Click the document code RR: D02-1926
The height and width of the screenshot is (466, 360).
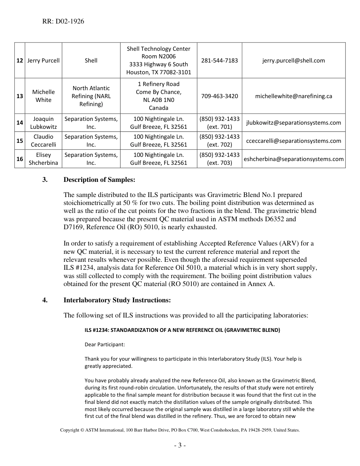point(63,22)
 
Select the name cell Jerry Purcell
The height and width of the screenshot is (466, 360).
point(44,61)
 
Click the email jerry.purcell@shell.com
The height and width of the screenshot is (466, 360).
point(293,61)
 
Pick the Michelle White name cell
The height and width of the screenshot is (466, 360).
point(44,96)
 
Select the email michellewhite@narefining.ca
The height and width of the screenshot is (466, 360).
point(293,96)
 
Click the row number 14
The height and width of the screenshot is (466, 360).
point(20,123)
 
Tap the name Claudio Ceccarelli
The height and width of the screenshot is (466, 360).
point(44,141)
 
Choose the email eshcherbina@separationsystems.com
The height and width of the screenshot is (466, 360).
point(293,159)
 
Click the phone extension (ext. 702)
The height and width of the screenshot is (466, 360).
point(219,145)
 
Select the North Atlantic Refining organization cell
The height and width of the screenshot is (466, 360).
point(91,96)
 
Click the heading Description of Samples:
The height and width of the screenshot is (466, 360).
point(99,180)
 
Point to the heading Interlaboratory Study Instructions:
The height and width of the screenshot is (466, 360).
point(117,300)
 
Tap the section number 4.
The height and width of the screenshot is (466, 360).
point(45,300)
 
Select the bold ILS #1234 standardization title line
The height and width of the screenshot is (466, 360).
point(182,330)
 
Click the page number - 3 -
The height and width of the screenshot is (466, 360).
point(180,446)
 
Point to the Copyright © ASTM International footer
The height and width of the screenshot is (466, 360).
point(180,430)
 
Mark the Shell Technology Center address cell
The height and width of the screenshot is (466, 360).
point(158,61)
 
